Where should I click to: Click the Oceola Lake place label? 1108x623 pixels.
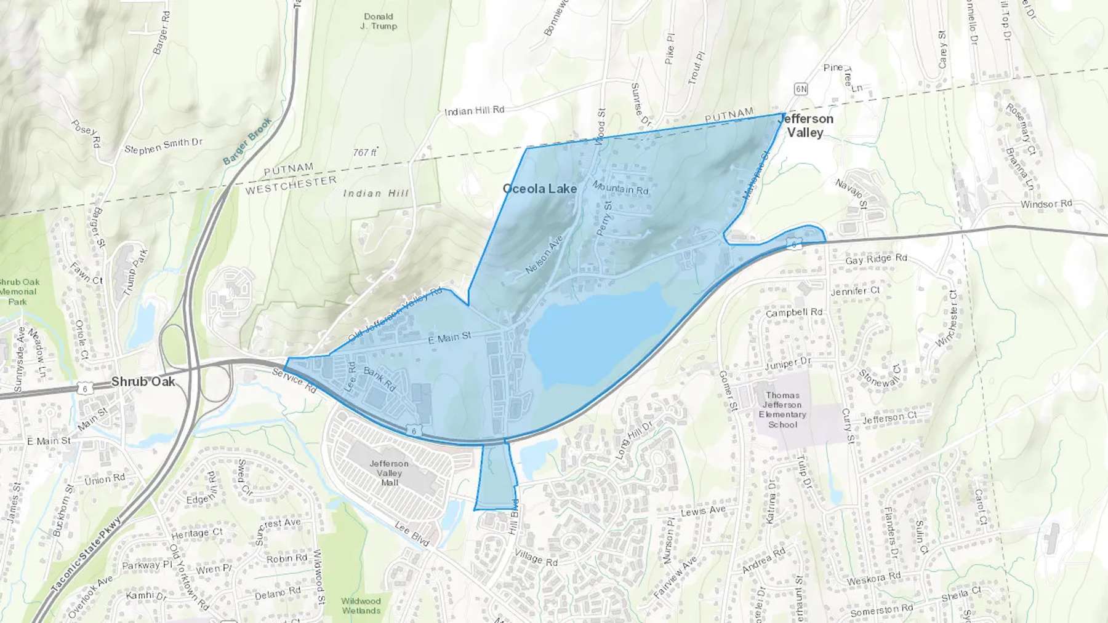coord(540,189)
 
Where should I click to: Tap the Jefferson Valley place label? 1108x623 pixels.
coord(806,125)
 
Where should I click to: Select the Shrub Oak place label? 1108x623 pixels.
coord(143,382)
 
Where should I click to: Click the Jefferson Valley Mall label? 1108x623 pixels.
coord(389,473)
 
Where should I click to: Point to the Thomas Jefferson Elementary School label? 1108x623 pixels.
coord(782,410)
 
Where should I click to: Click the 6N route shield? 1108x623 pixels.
coord(800,89)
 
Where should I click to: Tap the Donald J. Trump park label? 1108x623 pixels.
coord(379,22)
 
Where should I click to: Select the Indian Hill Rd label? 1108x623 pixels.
coord(474,110)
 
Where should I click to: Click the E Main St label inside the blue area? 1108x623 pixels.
coord(449,337)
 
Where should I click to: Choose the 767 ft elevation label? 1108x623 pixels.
coord(365,152)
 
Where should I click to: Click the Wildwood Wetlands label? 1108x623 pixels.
coord(361,606)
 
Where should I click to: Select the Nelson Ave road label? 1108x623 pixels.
coord(544,255)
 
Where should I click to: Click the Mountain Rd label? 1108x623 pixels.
coord(620,187)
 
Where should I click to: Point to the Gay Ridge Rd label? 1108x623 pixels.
coord(876,259)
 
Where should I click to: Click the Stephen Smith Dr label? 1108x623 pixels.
coord(163,146)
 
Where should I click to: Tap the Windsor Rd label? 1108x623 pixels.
coord(1046,204)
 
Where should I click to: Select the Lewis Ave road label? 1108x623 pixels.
coord(703,510)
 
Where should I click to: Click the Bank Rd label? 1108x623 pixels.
coord(380,378)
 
